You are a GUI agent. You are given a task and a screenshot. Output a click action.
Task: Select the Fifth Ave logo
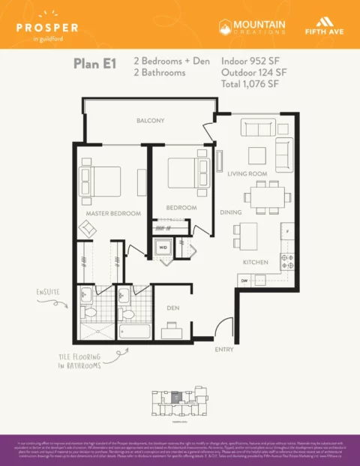323,27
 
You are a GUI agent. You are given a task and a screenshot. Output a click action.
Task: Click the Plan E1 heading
94,63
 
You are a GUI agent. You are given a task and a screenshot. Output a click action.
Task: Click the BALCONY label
150,121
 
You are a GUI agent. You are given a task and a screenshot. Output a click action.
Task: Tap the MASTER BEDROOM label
112,213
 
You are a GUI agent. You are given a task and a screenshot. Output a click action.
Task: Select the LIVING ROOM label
247,173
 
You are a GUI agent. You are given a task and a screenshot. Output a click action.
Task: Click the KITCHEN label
255,263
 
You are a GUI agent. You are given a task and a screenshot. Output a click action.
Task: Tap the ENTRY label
223,350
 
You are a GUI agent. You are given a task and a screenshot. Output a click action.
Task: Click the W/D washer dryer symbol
163,248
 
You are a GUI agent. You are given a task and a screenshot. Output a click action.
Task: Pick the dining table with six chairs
266,197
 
